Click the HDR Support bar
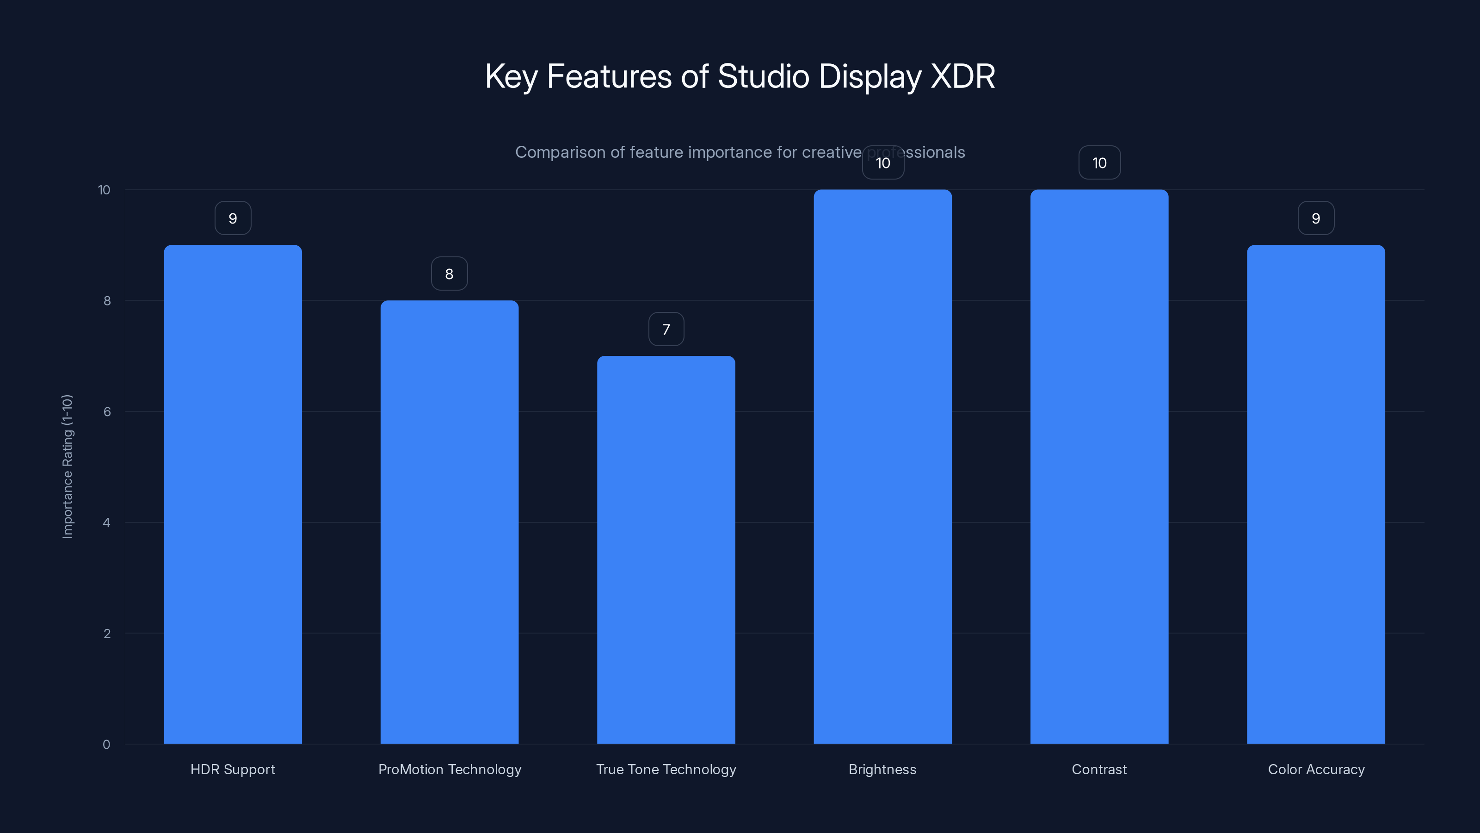233,494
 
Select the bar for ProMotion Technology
449,522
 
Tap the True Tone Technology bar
666,550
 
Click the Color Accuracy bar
1316,494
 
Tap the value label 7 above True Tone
666,329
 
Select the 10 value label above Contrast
1099,163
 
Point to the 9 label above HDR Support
233,218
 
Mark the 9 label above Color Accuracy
1316,218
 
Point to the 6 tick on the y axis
107,411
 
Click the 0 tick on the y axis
106,745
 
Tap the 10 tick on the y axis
104,190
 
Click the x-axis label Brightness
882,769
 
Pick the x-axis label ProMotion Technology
449,769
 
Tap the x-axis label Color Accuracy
1316,769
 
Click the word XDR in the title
962,76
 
